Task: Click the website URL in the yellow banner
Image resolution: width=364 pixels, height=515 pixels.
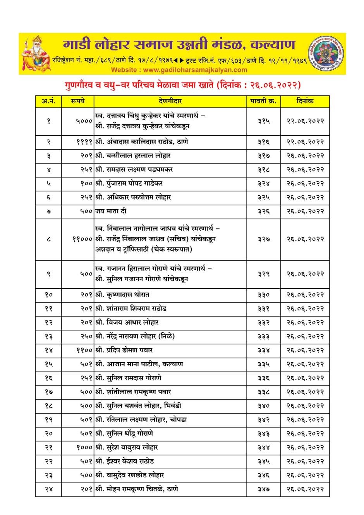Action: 179,70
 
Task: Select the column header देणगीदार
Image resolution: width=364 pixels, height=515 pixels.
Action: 170,101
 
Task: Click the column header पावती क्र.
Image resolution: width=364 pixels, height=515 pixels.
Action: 263,101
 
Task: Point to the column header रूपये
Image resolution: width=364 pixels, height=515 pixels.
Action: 77,101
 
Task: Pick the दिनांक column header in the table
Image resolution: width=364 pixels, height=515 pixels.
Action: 305,101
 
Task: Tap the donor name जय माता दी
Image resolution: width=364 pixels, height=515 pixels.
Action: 111,212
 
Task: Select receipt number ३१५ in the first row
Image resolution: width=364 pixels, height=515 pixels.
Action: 263,121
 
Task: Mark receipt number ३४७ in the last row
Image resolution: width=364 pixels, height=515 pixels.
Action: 263,489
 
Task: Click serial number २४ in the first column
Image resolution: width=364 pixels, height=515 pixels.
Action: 48,489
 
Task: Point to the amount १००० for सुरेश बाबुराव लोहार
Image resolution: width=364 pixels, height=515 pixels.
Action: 84,448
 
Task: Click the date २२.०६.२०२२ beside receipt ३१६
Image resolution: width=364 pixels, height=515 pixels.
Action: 305,142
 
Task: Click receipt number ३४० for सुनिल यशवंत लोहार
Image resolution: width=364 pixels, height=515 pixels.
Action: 263,406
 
